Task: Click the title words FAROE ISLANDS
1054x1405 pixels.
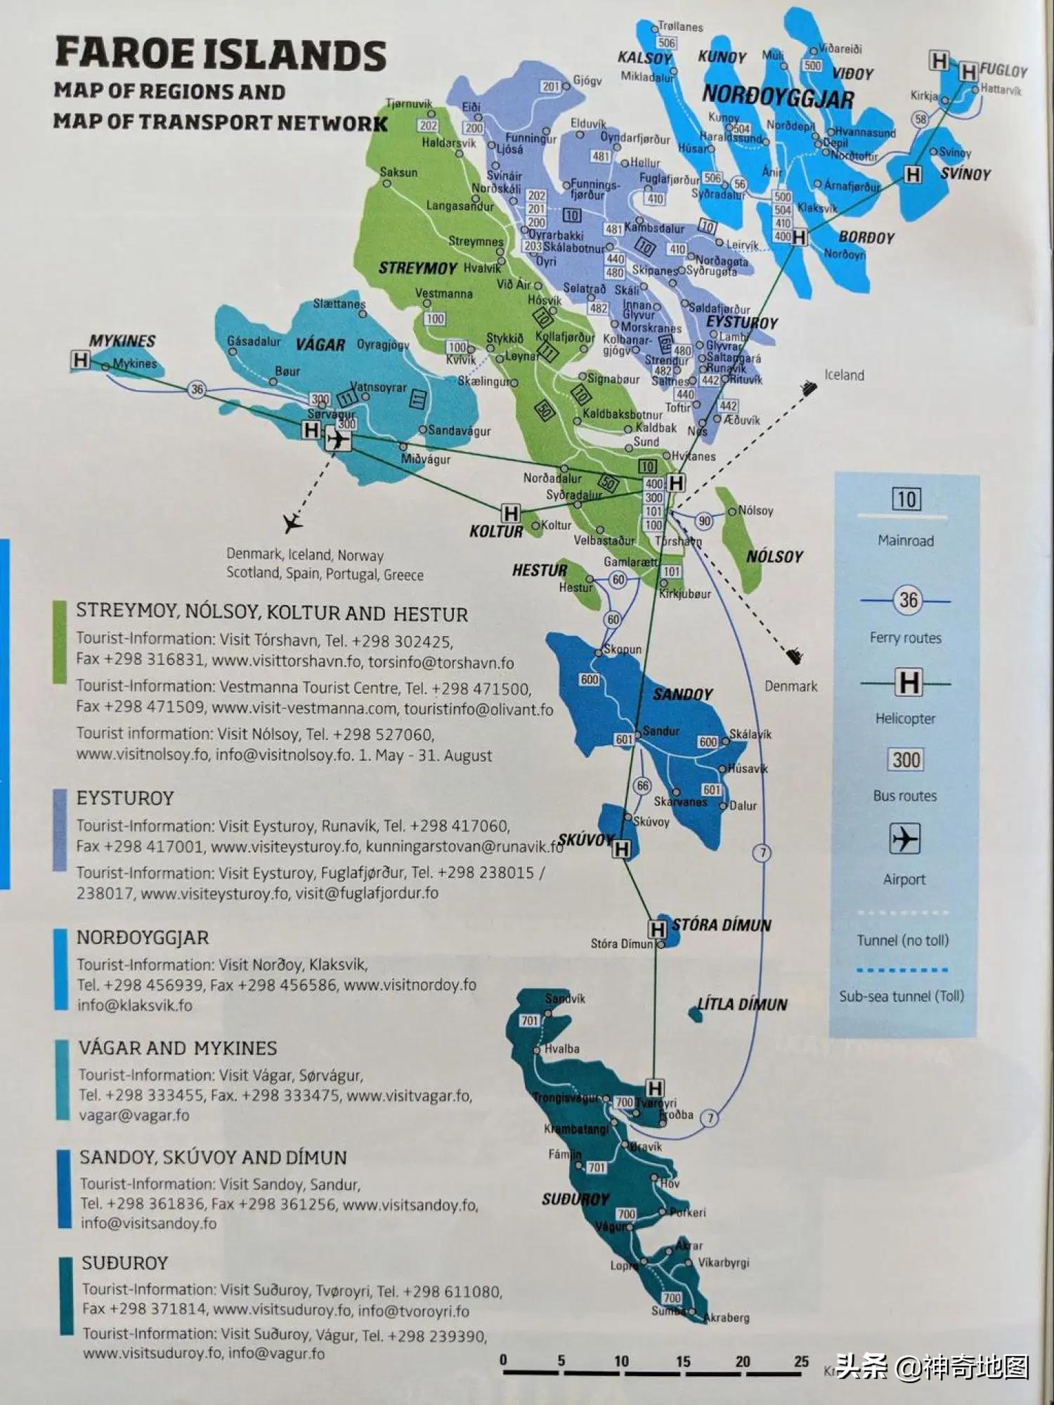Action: point(221,55)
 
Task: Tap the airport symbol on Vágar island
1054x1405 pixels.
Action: point(339,440)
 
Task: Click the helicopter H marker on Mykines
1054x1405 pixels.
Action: point(80,361)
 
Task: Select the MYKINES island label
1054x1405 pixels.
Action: point(122,341)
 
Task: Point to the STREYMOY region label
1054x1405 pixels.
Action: point(408,268)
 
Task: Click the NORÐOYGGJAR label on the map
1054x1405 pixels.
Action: point(777,96)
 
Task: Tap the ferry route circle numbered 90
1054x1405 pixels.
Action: point(704,521)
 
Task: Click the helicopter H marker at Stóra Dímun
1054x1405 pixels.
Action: point(657,930)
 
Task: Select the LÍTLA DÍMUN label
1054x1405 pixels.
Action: point(742,1004)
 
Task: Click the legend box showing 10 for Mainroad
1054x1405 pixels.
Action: point(906,500)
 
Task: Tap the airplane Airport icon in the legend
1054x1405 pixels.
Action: point(905,839)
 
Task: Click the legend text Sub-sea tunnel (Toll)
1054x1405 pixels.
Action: point(902,996)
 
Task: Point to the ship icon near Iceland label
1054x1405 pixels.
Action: point(809,388)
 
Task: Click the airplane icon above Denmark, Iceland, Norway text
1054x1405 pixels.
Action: point(292,522)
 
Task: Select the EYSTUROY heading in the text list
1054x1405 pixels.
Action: point(125,798)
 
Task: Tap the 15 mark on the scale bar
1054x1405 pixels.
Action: point(683,1361)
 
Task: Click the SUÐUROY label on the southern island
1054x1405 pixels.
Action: point(575,1199)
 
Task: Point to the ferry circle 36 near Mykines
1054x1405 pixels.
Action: point(197,389)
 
